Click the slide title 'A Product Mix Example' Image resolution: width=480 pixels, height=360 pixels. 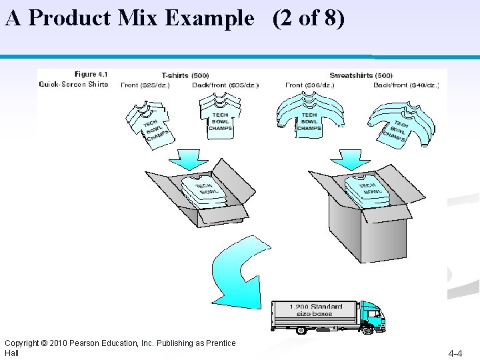[130, 18]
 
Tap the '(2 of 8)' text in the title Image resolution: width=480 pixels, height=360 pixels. [308, 18]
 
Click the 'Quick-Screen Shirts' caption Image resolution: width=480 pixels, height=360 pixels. [73, 84]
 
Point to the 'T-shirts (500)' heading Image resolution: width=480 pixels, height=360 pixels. [185, 75]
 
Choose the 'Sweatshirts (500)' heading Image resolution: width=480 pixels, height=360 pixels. [361, 75]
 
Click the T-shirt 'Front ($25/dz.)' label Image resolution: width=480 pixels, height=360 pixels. [145, 85]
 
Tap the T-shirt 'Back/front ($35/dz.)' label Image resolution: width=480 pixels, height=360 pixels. [225, 85]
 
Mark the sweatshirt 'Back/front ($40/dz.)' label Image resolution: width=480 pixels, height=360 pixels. [405, 85]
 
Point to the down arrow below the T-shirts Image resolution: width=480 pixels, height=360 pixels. [190, 159]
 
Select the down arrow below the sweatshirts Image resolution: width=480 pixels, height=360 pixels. [346, 159]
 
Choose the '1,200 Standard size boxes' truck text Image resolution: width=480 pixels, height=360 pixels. [316, 311]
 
